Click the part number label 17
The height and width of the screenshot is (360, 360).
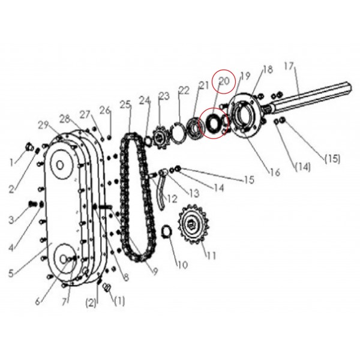(289, 66)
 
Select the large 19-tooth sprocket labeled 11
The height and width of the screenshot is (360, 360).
(194, 224)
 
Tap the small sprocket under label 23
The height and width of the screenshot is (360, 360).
(160, 137)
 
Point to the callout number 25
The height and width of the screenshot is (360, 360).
(125, 104)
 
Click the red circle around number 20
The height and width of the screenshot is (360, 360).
(224, 82)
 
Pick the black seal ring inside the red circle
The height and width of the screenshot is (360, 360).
(212, 122)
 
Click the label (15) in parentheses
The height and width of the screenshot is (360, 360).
(332, 158)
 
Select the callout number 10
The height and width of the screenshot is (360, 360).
(183, 265)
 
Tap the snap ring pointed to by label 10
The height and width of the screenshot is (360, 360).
(167, 232)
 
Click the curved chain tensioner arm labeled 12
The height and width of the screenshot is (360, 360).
(161, 195)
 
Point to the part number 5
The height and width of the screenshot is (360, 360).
(11, 273)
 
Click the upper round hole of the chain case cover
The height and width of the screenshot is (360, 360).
(60, 165)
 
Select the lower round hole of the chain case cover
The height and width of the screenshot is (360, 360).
(63, 259)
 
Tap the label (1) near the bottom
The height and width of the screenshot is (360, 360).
(119, 301)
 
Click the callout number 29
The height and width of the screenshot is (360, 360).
(43, 125)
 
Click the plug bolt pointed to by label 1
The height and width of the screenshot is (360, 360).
(29, 146)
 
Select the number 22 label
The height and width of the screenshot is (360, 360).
(184, 90)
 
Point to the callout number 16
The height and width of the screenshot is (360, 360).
(275, 172)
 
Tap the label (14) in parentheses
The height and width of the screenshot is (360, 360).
(302, 167)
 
